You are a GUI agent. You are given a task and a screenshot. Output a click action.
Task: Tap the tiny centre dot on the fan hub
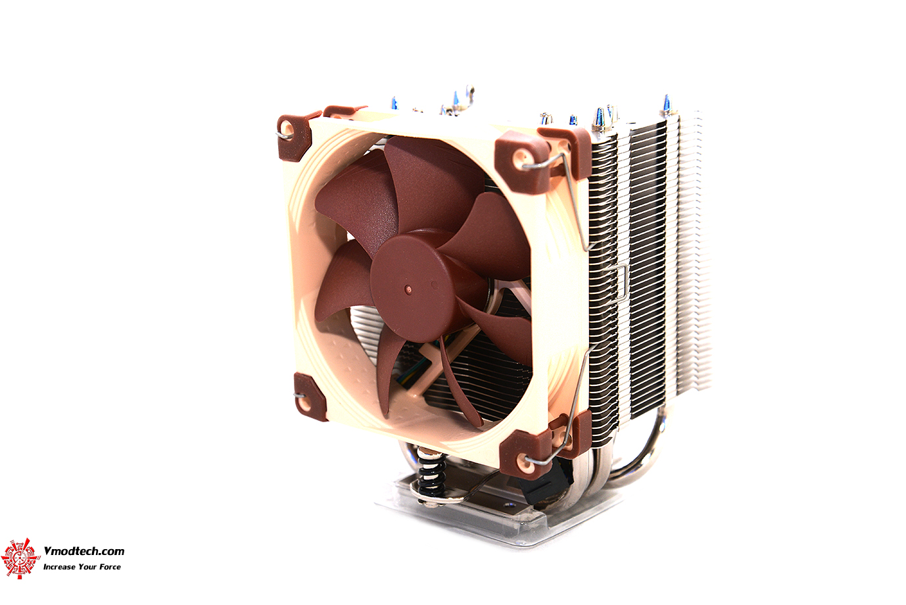tap(408, 288)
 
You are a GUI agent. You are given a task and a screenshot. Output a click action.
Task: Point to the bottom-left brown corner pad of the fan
tap(309, 395)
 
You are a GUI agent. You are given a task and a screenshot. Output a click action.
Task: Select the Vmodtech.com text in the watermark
tap(83, 551)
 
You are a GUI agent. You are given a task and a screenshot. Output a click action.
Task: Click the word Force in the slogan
tap(110, 567)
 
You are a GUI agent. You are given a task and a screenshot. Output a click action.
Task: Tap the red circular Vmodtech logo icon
tap(20, 558)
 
